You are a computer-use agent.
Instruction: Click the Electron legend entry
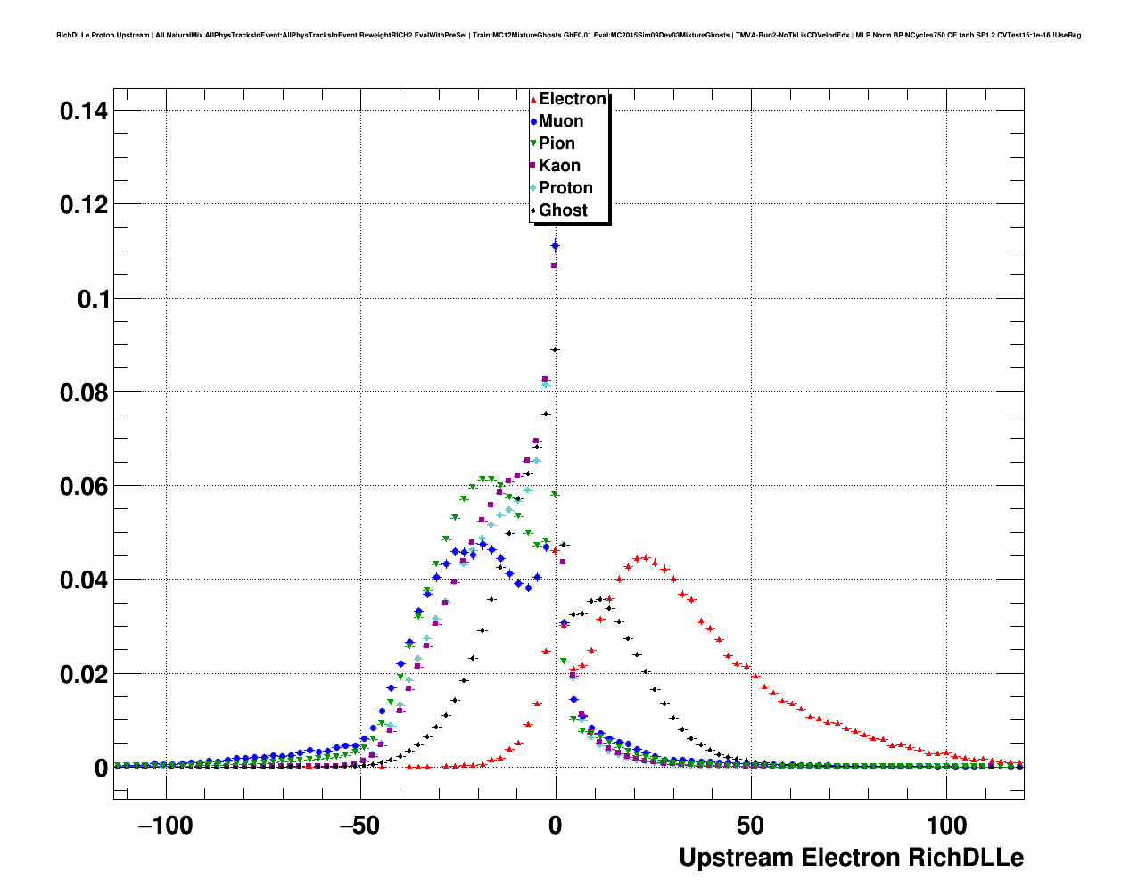(572, 99)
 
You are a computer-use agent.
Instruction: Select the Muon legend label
(560, 121)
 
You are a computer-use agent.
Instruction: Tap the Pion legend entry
(557, 144)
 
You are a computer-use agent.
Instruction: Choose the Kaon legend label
(559, 166)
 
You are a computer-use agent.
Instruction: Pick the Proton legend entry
(565, 188)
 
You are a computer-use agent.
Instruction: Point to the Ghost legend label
(563, 210)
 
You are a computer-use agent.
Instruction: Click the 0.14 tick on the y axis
(84, 111)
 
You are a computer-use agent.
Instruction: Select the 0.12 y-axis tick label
(84, 205)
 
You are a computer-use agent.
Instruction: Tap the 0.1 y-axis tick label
(93, 300)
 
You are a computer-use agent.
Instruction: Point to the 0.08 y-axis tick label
(84, 393)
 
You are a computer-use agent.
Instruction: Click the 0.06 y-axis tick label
(84, 487)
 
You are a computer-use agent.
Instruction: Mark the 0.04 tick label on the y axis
(84, 580)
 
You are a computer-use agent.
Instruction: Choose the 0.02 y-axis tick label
(84, 675)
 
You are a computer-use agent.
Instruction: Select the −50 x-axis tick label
(360, 826)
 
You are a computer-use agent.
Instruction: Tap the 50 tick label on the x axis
(751, 826)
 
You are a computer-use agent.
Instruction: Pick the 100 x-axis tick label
(946, 826)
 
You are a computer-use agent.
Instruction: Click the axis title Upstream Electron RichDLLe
(851, 858)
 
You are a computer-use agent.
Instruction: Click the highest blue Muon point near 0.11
(555, 245)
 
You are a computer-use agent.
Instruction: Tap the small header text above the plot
(568, 36)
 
